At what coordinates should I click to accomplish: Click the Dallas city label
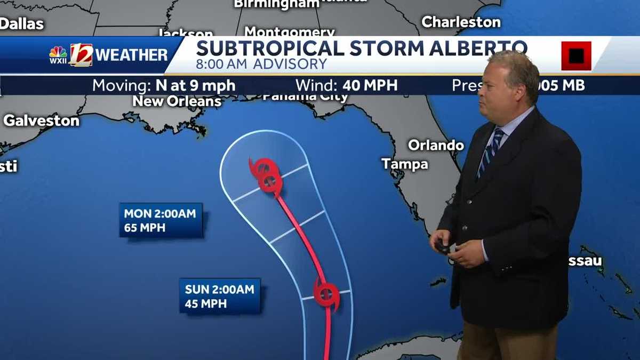(21, 23)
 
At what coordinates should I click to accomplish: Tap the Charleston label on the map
(461, 22)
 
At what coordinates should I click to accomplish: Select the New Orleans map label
(177, 101)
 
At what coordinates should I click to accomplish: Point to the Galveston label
(41, 121)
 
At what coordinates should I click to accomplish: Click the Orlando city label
(436, 145)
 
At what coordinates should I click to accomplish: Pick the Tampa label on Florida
(405, 164)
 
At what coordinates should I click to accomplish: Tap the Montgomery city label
(289, 31)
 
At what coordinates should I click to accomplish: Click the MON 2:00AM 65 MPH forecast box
(161, 220)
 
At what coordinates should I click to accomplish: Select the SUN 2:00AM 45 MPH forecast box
(220, 296)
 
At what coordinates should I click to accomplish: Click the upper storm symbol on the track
(266, 176)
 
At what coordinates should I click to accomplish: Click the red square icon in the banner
(576, 55)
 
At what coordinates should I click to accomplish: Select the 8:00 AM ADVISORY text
(261, 65)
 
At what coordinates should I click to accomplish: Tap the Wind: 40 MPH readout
(347, 85)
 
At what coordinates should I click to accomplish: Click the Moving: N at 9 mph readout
(164, 85)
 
